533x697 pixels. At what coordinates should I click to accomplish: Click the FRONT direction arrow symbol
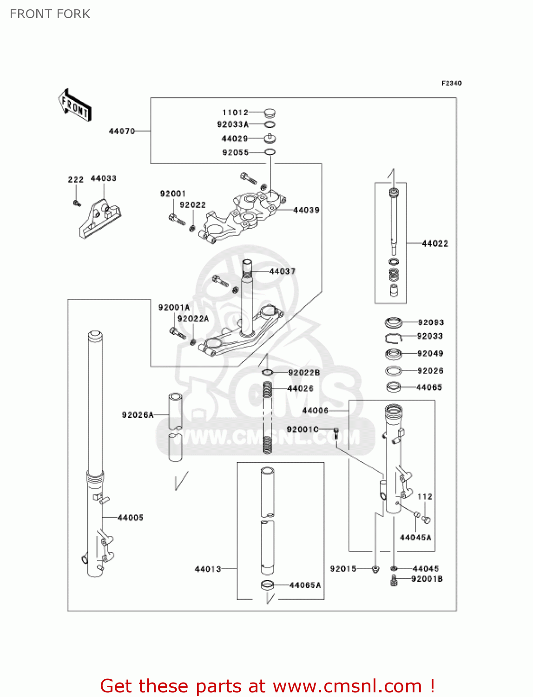point(75,105)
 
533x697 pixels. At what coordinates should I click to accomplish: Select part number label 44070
point(122,132)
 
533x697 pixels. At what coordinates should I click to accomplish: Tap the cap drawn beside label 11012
point(270,112)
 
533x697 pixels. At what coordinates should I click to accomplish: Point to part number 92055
point(236,152)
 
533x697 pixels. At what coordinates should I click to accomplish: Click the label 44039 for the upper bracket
point(306,210)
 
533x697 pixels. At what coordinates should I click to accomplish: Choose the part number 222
point(76,180)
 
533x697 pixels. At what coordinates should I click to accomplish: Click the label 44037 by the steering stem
point(283,271)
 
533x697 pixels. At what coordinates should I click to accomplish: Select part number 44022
point(435,243)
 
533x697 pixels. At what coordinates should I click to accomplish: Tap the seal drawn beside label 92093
point(394,322)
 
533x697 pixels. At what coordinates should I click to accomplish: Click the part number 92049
point(430,354)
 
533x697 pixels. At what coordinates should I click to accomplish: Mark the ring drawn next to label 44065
point(394,387)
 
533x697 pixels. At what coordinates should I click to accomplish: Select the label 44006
point(315,411)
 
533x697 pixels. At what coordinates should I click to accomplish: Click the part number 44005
point(131,518)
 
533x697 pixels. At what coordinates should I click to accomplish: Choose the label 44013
point(208,569)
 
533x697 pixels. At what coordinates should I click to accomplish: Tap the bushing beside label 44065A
point(267,585)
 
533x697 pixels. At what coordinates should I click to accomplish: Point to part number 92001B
point(427,579)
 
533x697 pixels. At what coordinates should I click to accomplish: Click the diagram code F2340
point(451,83)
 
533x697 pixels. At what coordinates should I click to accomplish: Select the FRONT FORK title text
point(50,14)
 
